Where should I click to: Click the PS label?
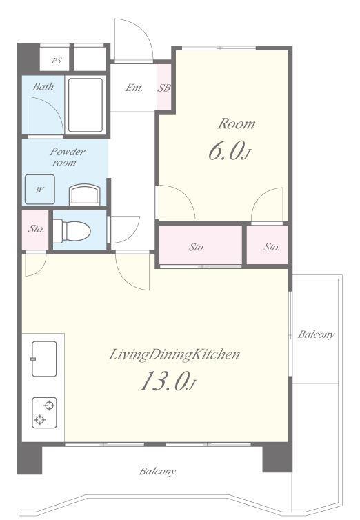point(57,61)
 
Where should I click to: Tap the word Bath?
point(43,87)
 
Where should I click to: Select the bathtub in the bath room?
point(86,105)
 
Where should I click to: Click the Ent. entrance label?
point(134,88)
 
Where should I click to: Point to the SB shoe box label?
point(164,88)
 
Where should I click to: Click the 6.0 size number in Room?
point(226,152)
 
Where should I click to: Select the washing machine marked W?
point(40,189)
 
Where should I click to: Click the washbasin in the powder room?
point(85,194)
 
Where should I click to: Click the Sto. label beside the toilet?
point(36,229)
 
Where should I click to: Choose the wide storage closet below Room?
point(201,246)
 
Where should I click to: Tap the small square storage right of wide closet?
point(267,246)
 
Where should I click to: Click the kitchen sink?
point(44,359)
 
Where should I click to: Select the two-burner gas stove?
point(44,412)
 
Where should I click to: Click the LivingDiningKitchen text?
point(174,355)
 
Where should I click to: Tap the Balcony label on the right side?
point(316,334)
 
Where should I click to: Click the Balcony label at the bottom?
point(157,472)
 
